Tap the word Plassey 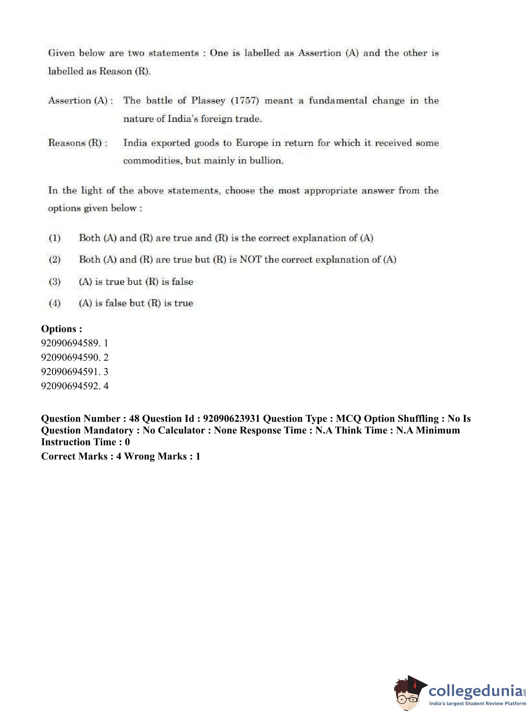[208, 101]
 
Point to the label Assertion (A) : [80, 101]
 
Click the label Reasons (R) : [78, 143]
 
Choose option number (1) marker [55, 238]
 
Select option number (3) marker [55, 282]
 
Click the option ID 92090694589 [70, 343]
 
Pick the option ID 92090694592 [70, 386]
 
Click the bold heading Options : [61, 329]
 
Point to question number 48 [134, 418]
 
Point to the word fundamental [337, 101]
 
